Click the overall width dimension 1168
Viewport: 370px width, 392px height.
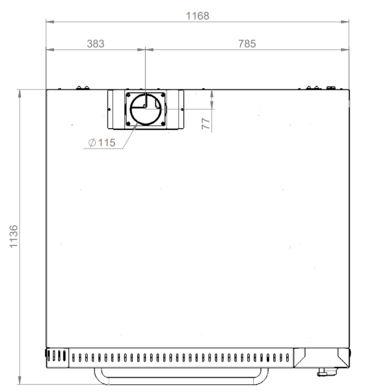197,16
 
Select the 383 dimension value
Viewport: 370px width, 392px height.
96,44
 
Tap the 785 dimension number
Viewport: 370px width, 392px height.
247,44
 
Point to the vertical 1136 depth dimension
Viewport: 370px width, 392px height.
14,236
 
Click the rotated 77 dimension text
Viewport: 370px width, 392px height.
206,124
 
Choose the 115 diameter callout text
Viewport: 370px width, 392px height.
107,143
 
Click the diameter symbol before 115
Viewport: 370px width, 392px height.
92,143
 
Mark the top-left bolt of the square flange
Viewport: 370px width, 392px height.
128,95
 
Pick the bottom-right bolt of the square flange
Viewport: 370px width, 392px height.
163,123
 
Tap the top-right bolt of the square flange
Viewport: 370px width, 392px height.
163,95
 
